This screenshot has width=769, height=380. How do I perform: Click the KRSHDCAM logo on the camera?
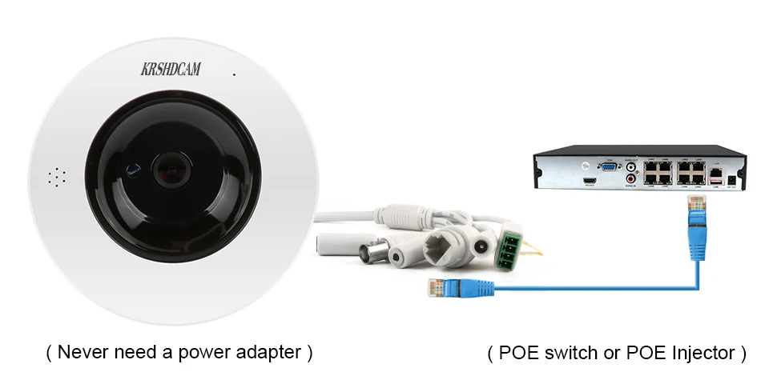pos(171,70)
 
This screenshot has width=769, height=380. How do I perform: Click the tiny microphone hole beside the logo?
pos(235,75)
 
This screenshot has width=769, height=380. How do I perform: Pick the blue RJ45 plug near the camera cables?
pos(437,287)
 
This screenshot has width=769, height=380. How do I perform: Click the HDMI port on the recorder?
pos(590,182)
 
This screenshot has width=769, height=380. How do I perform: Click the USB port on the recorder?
pos(715,183)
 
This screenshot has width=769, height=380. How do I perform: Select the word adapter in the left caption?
pos(272,352)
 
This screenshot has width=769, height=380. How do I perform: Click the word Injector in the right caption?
pos(701,352)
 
